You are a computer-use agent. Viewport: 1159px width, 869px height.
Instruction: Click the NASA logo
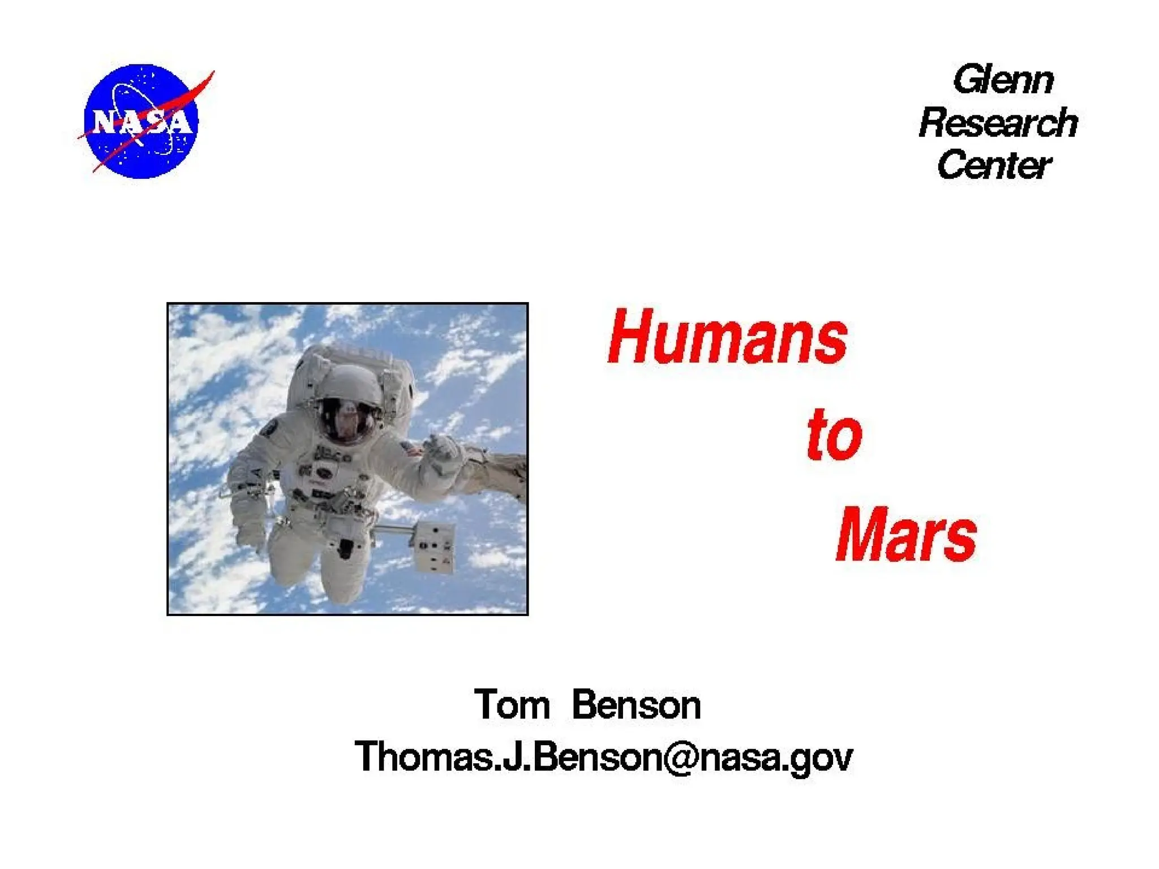point(141,121)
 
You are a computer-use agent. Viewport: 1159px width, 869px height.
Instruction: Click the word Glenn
point(1002,80)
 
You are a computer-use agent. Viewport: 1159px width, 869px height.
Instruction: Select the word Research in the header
point(998,123)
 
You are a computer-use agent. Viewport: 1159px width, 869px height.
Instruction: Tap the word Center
point(994,165)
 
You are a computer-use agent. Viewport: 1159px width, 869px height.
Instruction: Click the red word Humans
point(727,338)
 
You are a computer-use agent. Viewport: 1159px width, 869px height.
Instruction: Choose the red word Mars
point(906,535)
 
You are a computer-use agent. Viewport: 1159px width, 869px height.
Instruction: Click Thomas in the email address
point(424,757)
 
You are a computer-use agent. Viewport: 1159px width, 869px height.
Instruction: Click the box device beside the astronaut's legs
point(433,546)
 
